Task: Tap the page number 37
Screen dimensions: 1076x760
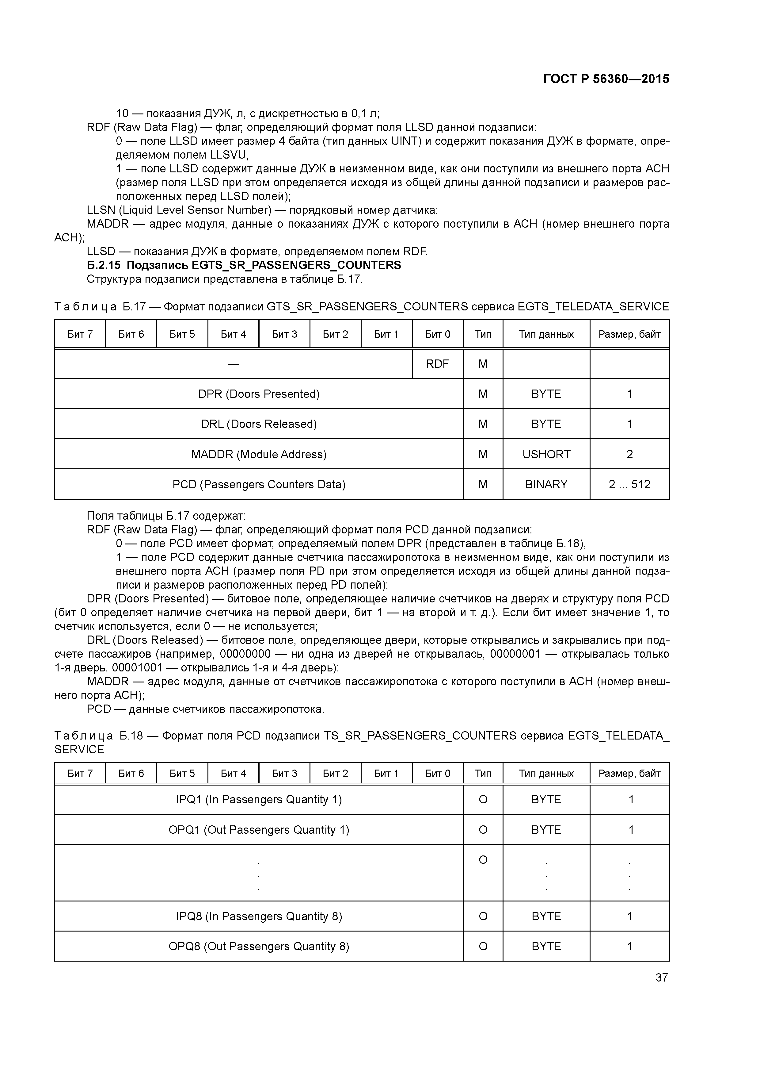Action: (661, 977)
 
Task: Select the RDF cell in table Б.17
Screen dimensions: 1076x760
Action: (437, 364)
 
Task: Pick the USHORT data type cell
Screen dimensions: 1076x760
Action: (546, 454)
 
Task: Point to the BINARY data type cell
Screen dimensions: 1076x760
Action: (546, 484)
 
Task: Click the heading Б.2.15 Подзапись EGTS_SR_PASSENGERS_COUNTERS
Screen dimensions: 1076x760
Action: (244, 265)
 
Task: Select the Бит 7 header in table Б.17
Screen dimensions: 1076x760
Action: (80, 334)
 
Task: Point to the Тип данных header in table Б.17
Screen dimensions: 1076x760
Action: (546, 334)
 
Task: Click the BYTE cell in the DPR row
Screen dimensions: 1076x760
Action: (546, 394)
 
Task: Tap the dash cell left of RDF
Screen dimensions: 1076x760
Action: (233, 364)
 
